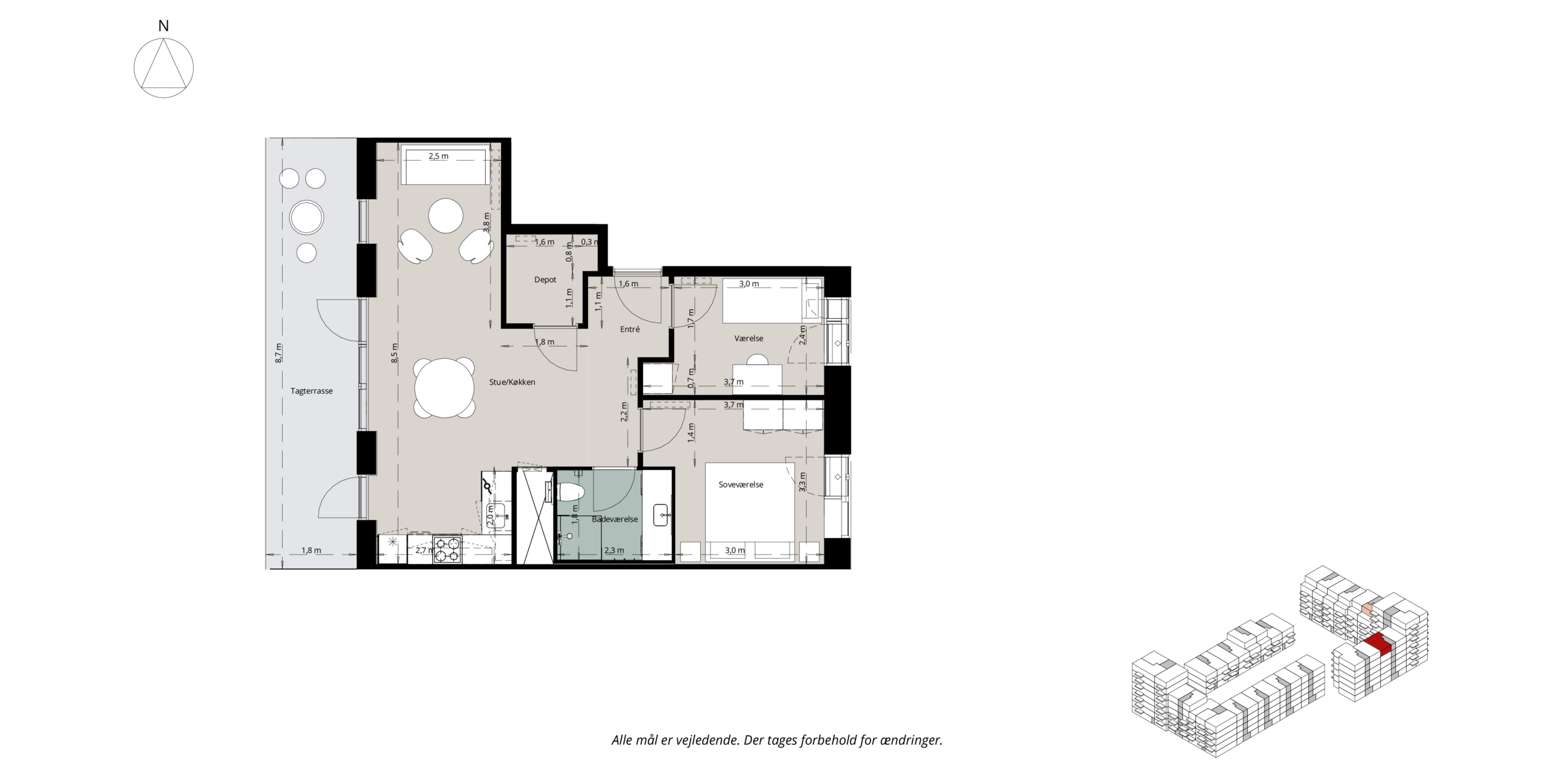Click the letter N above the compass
pyautogui.click(x=163, y=26)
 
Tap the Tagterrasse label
pyautogui.click(x=311, y=391)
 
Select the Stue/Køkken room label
pyautogui.click(x=512, y=382)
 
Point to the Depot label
pyautogui.click(x=545, y=280)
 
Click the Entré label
pyautogui.click(x=630, y=329)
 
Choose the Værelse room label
pyautogui.click(x=749, y=338)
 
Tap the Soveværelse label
pyautogui.click(x=741, y=484)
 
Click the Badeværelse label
pyautogui.click(x=615, y=519)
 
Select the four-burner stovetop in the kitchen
pyautogui.click(x=447, y=550)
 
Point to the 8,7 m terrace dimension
pyautogui.click(x=278, y=353)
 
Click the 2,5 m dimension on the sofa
pyautogui.click(x=438, y=156)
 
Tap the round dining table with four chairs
pyautogui.click(x=444, y=388)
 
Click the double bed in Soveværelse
pyautogui.click(x=750, y=512)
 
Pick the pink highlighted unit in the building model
pyautogui.click(x=1367, y=626)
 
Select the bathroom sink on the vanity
pyautogui.click(x=662, y=515)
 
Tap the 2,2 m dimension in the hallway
pyautogui.click(x=623, y=413)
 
